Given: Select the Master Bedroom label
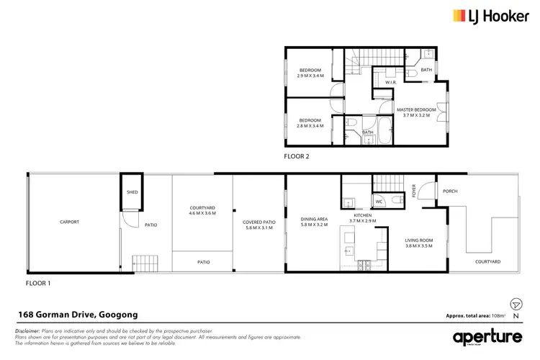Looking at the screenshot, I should (x=418, y=112).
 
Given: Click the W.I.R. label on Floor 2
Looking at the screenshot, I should (x=391, y=83).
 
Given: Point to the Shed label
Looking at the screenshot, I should (x=132, y=193).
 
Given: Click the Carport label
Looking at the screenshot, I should (x=69, y=222).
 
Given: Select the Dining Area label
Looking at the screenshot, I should (x=314, y=222).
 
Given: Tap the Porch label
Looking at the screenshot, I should (x=450, y=191).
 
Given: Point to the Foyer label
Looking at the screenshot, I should (x=414, y=191).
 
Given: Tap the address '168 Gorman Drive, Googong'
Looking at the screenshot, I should (x=77, y=315).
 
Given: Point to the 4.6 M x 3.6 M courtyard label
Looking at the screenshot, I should (x=202, y=210).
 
